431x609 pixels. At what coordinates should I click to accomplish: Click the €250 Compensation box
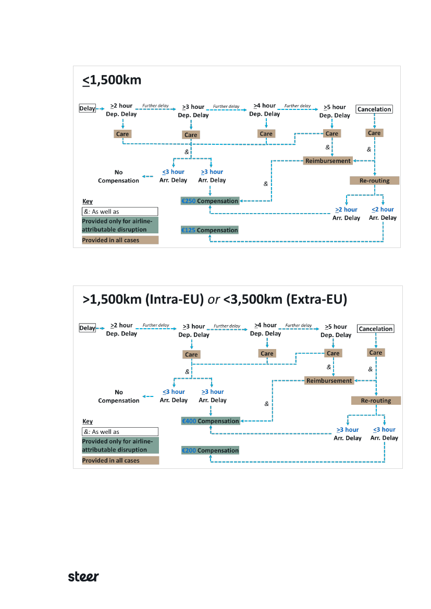point(210,201)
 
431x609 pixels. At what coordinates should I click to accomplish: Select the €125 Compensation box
point(210,230)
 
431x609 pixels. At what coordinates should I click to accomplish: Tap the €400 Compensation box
point(210,421)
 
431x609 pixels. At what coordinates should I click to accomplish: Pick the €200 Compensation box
point(210,451)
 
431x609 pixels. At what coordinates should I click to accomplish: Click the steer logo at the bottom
point(83,577)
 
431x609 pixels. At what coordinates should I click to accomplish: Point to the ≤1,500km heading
point(112,80)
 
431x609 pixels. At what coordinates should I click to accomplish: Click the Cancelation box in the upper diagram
point(374,109)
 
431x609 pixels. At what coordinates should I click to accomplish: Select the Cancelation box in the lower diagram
point(375,329)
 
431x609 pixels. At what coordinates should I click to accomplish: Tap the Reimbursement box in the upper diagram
point(328,161)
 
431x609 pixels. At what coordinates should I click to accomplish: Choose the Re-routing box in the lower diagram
point(376,401)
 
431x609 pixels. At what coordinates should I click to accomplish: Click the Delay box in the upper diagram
point(87,108)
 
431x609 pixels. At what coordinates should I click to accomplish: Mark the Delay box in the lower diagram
point(87,328)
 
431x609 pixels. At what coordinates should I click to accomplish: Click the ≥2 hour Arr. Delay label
point(346,214)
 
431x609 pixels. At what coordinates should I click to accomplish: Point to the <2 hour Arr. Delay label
point(383,214)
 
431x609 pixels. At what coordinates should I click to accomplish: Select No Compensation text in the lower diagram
point(119,396)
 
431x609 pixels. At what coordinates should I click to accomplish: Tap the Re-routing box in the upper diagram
point(375,181)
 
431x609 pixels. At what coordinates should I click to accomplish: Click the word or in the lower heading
point(213,300)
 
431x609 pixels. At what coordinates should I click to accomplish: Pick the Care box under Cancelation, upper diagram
point(374,133)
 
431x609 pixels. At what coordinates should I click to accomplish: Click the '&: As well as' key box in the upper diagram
point(120,212)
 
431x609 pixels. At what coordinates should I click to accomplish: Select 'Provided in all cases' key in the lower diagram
point(120,461)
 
